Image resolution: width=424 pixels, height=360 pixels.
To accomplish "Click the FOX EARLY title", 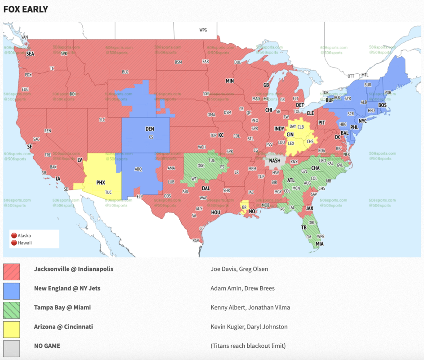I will point(26,9).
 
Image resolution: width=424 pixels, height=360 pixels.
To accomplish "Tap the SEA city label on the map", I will point(30,54).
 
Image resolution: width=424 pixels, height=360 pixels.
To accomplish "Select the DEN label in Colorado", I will point(150,129).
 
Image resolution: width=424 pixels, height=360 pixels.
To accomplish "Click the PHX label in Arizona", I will point(101,183).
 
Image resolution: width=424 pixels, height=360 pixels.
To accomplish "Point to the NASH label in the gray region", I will point(274,161).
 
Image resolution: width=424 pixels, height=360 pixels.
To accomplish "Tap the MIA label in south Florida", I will point(319,244).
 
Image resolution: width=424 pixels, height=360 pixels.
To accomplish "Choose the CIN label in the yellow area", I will point(290,135).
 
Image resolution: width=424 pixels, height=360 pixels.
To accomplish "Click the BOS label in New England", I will point(382,105).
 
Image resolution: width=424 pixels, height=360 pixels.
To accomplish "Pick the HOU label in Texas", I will point(216,212).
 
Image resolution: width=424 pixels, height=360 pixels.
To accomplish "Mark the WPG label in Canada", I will point(203,30).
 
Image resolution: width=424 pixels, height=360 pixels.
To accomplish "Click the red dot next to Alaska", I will point(14,235).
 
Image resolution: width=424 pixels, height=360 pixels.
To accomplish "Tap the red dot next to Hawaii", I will point(14,243).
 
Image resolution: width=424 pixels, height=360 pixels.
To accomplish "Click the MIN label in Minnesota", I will point(230,81).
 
